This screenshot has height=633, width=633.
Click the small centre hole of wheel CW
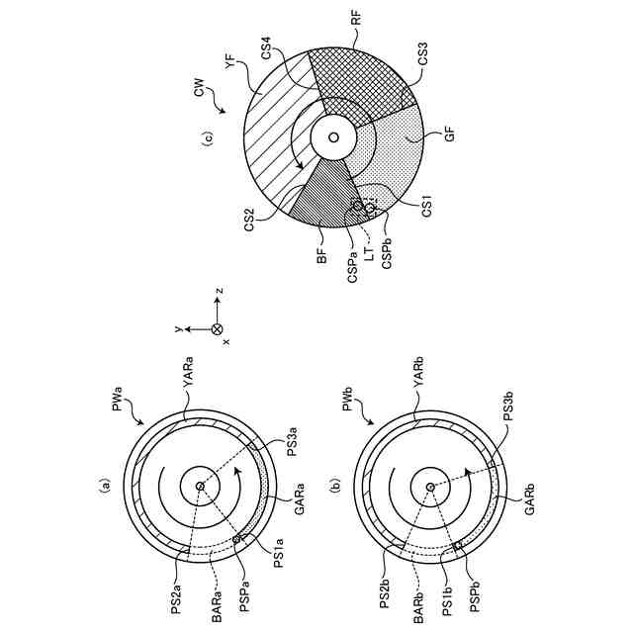(x=333, y=136)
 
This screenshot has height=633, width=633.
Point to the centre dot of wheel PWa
(x=199, y=486)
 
